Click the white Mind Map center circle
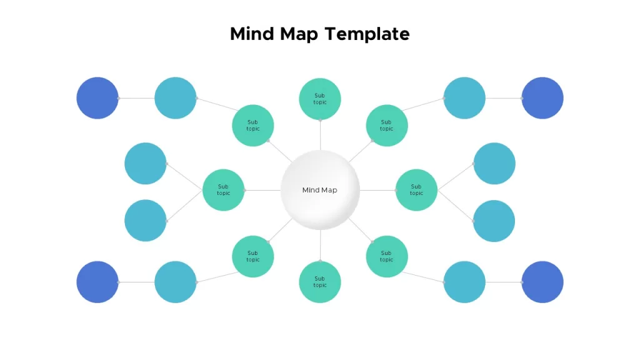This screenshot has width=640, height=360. point(320,190)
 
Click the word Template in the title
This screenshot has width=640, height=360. point(367,34)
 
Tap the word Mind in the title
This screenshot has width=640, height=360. point(251,34)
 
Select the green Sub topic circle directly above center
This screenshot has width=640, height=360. point(320,99)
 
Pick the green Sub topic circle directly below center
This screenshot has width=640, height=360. point(320,282)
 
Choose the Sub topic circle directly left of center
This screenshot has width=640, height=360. point(223,190)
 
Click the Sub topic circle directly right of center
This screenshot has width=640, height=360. point(416,190)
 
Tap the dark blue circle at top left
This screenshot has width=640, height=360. point(97,98)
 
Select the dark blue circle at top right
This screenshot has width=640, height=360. point(542,98)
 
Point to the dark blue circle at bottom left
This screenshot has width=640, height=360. point(97,282)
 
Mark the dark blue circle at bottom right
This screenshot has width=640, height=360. point(542,282)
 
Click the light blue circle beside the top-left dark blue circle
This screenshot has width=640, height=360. point(176,98)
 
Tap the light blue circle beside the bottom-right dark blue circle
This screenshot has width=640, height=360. point(464,282)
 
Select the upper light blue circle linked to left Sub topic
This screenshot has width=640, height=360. point(145,163)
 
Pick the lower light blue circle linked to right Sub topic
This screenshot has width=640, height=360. point(494,221)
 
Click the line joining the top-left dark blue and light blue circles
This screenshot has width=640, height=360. point(136,98)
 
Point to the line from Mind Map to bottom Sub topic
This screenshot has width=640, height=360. point(320,245)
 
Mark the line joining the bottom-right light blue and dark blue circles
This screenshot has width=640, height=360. point(504,282)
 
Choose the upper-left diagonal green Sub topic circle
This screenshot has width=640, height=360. point(253,125)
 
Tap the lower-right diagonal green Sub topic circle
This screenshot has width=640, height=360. point(387,256)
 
